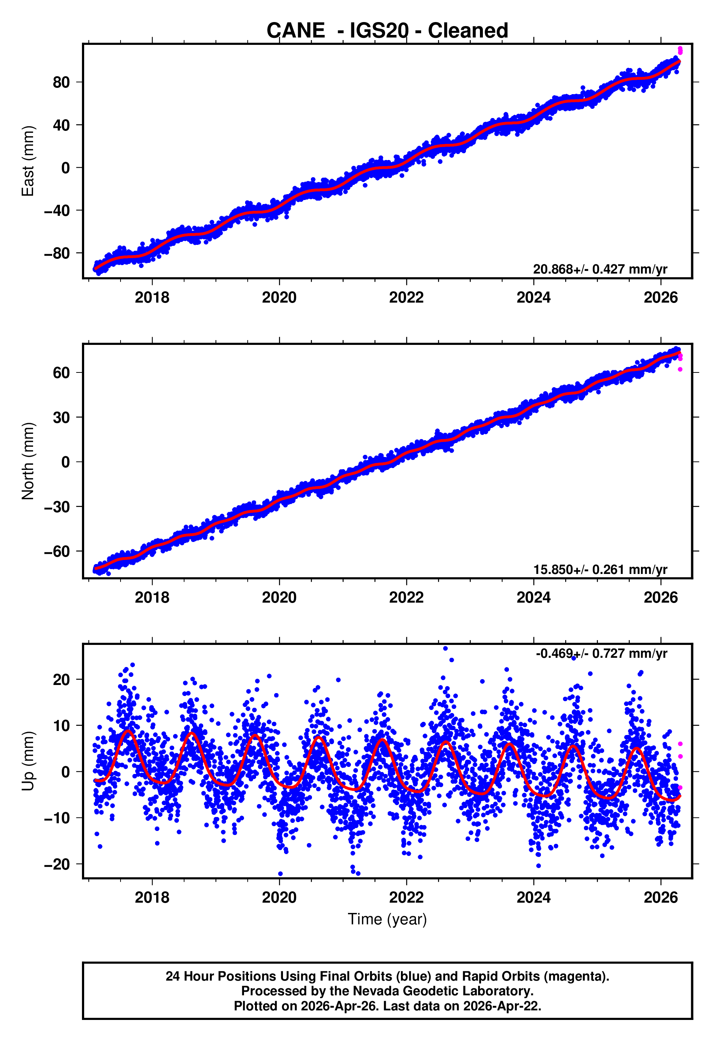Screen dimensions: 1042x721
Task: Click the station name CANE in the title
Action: (295, 31)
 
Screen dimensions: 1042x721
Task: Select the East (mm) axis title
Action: (28, 161)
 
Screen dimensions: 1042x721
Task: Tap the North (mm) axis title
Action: (28, 461)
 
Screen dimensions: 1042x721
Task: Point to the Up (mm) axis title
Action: (28, 761)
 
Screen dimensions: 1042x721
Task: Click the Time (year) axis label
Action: (387, 919)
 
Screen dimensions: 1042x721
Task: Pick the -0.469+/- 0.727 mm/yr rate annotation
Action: (601, 653)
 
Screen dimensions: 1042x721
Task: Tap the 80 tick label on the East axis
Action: (61, 82)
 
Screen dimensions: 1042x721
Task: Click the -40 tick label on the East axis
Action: (57, 211)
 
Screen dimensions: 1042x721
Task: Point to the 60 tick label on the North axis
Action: (61, 373)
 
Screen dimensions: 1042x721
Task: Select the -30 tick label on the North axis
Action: (57, 507)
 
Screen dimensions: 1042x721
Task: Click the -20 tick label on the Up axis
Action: (57, 864)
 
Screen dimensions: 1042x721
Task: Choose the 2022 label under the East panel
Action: (406, 297)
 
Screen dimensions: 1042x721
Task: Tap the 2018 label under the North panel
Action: (152, 597)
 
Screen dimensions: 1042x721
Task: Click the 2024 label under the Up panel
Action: (534, 898)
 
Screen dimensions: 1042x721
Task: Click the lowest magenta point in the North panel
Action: (680, 370)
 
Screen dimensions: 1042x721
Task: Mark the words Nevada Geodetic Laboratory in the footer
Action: (443, 991)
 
